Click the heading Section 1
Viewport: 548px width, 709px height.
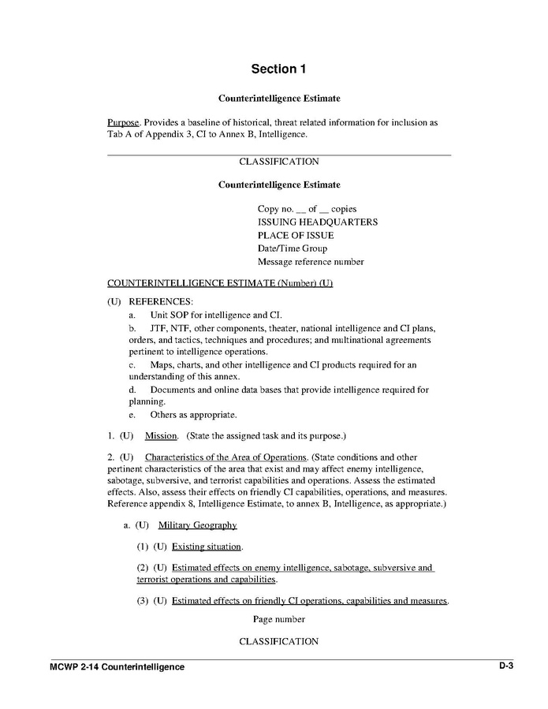(278, 69)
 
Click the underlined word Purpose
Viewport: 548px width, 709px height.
(123, 123)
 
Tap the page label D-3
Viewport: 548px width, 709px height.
(505, 666)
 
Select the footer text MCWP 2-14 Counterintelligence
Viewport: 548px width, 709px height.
(117, 667)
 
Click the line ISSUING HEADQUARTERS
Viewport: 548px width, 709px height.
(317, 222)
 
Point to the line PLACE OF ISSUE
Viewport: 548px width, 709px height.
(296, 235)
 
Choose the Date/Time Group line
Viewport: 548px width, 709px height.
(292, 248)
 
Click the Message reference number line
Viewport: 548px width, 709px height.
(311, 262)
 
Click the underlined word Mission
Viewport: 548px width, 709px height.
(161, 435)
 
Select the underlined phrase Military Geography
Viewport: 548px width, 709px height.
(197, 525)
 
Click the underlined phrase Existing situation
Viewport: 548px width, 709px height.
(207, 547)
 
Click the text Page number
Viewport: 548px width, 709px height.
(278, 620)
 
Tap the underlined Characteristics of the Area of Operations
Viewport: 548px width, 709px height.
(226, 457)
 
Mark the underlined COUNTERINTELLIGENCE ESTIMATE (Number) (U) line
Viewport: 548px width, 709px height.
(219, 283)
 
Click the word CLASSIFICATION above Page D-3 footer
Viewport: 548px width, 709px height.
(278, 642)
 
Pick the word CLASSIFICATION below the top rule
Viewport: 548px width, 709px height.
(278, 162)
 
